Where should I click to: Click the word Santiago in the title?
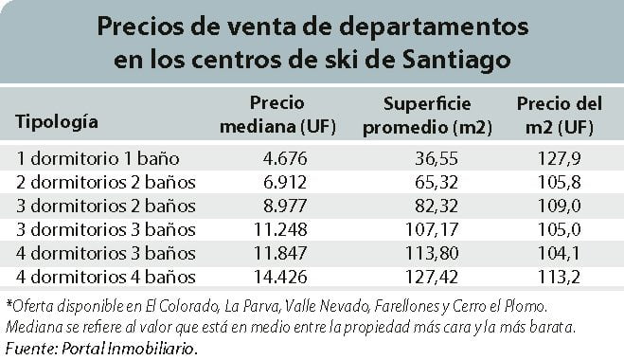point(456,61)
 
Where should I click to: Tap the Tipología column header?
point(57,122)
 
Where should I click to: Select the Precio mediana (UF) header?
point(277,115)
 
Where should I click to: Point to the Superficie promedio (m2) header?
point(427,116)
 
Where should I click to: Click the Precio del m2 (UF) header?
point(559,116)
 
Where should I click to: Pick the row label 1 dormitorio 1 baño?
point(98,158)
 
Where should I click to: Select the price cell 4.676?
point(285,158)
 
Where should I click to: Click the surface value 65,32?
point(437,183)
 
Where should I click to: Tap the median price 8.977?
point(285,206)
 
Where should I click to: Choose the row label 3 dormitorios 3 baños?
point(106,230)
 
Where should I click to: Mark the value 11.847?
point(280,253)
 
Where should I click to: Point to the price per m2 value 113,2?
point(559,277)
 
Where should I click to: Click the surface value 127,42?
point(432,277)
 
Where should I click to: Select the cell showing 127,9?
point(559,158)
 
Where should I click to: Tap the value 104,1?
point(559,253)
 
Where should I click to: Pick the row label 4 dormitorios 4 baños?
point(106,278)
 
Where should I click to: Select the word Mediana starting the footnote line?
point(33,328)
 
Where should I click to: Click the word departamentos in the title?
point(434,27)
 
